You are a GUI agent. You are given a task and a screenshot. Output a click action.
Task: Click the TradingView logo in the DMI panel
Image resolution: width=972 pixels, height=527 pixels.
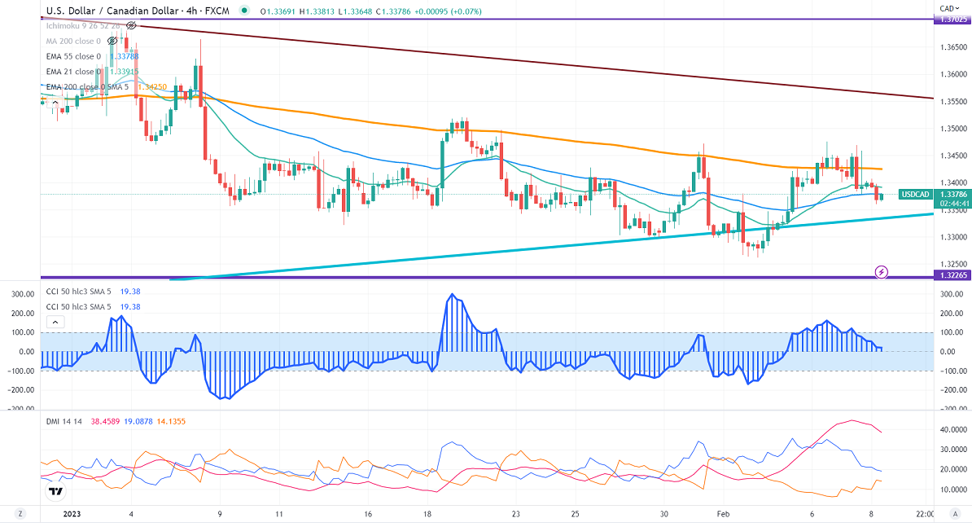(56, 491)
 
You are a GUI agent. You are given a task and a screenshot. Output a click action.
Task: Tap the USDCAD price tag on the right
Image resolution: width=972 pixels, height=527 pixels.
(913, 195)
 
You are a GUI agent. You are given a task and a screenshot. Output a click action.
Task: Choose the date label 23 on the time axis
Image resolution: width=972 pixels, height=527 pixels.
(516, 514)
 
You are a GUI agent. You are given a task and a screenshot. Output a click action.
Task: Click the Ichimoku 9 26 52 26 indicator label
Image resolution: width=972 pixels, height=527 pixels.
(82, 26)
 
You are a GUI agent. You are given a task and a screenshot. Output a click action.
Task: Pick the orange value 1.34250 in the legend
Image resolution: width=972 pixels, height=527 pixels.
(153, 86)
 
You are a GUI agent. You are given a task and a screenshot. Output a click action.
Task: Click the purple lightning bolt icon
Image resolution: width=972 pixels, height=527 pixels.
(880, 270)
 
